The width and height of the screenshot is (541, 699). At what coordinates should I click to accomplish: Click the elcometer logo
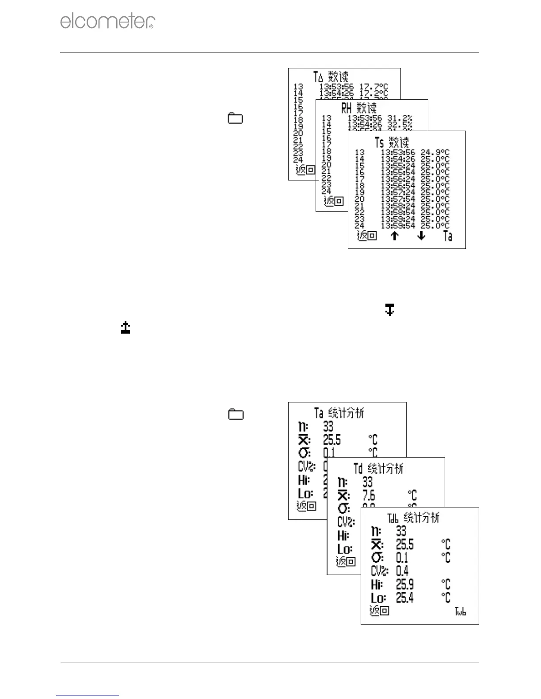[107, 21]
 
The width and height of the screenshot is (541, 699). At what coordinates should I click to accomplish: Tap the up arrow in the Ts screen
[394, 236]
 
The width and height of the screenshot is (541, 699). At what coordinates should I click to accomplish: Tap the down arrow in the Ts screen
[421, 236]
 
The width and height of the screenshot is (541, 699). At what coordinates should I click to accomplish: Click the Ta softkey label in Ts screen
[448, 236]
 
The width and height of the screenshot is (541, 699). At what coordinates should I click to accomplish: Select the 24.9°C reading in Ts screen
[435, 153]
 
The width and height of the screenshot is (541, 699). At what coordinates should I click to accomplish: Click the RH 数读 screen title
[359, 108]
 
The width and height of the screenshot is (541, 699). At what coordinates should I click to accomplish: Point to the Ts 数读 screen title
[392, 143]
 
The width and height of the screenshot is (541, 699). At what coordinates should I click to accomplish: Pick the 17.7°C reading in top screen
[373, 87]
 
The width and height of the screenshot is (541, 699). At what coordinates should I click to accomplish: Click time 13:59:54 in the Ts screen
[398, 225]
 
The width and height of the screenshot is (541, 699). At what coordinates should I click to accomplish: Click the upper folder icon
[236, 118]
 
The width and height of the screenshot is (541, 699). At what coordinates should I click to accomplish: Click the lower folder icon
[236, 414]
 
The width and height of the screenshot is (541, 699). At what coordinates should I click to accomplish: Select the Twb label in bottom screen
[461, 612]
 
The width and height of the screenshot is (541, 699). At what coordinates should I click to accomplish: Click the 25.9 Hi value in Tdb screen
[405, 585]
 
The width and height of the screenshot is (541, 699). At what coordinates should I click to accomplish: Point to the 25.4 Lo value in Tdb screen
[405, 598]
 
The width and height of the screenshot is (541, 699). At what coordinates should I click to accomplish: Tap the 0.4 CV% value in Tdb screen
[402, 571]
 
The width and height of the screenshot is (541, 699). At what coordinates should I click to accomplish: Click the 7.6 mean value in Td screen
[369, 496]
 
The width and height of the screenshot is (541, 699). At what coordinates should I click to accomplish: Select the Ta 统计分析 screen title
[339, 413]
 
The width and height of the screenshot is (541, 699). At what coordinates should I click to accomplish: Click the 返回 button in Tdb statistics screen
[379, 611]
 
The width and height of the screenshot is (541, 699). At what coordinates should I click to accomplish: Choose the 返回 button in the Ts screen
[366, 236]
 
